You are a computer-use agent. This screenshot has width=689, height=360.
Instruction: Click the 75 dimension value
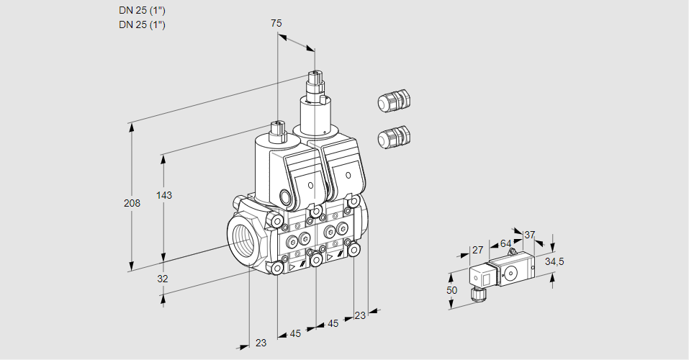(276, 24)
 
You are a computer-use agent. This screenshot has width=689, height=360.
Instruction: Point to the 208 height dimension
(131, 203)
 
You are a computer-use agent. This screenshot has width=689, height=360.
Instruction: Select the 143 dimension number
(164, 196)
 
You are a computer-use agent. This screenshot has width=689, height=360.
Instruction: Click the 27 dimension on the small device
(477, 250)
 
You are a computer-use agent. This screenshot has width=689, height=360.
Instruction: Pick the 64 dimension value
(505, 243)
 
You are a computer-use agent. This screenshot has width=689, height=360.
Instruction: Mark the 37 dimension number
(529, 235)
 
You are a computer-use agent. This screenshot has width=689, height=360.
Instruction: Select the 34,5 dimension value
(554, 261)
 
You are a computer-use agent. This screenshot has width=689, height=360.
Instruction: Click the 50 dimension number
(451, 289)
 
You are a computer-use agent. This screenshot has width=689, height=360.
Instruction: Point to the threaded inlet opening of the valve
(242, 240)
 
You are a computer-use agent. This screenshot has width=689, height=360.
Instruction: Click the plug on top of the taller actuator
(315, 80)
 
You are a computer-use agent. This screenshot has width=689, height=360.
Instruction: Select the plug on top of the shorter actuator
(278, 131)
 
